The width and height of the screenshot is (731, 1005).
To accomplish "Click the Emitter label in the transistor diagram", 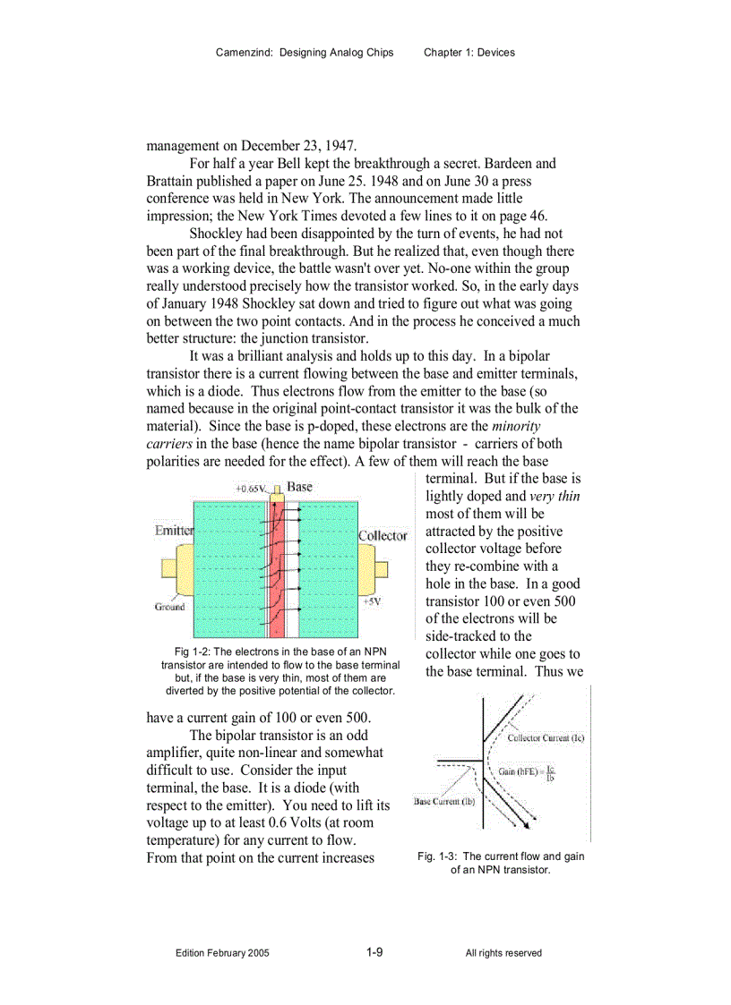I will coord(174,531).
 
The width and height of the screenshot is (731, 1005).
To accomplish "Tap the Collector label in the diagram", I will coord(383,536).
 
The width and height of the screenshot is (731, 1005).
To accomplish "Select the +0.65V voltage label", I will coord(252,490).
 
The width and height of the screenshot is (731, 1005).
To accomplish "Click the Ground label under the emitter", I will coord(169,607).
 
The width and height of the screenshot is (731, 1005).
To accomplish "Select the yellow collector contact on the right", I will coord(379,569).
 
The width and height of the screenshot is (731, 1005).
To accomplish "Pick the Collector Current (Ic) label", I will coord(546,738).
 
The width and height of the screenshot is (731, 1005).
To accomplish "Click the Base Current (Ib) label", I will coord(444,801).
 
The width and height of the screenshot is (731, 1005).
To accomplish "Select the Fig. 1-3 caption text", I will coord(501,863).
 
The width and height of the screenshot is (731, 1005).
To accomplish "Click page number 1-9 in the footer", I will coord(374,952).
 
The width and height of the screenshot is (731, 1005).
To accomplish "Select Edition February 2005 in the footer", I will coord(222,953).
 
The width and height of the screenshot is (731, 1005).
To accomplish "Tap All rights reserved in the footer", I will coord(503,953).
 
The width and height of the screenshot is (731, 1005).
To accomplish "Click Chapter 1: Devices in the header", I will coord(469,53).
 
